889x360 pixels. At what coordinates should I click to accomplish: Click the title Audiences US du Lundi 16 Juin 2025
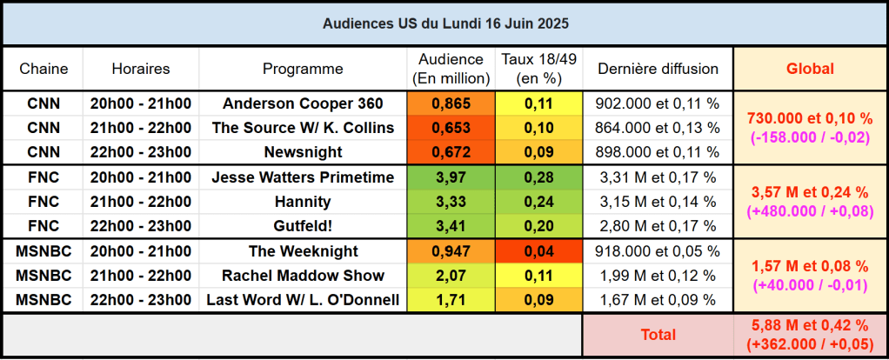tap(444, 23)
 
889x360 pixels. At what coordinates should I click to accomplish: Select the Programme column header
tap(303, 69)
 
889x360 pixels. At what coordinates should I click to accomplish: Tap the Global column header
tap(810, 69)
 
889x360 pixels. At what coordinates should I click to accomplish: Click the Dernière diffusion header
tap(658, 69)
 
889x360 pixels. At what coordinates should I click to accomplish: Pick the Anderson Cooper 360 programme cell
tap(303, 103)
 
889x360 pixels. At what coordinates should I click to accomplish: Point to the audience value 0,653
tap(451, 128)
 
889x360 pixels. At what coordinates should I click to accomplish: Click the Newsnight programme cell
tap(303, 152)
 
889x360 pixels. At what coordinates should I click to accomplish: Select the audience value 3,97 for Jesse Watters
tap(451, 177)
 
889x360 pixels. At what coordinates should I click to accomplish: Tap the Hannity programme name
tap(303, 202)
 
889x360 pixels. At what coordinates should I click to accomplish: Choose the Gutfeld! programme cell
tap(303, 226)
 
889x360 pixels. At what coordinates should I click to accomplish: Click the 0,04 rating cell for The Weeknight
tap(539, 251)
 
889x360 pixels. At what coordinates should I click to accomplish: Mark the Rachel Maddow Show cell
tap(303, 276)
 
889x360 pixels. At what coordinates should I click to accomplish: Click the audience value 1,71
tap(451, 300)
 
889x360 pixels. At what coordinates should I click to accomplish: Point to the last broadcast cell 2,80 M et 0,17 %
tap(658, 226)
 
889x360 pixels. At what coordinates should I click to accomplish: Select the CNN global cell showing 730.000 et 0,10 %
tap(810, 128)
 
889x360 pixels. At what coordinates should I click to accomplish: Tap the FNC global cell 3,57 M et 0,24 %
tap(810, 202)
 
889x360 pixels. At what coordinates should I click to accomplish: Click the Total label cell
tap(658, 334)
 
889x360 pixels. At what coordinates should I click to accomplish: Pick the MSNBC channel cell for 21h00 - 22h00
tap(43, 276)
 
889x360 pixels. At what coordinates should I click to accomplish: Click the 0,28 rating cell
tap(539, 177)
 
